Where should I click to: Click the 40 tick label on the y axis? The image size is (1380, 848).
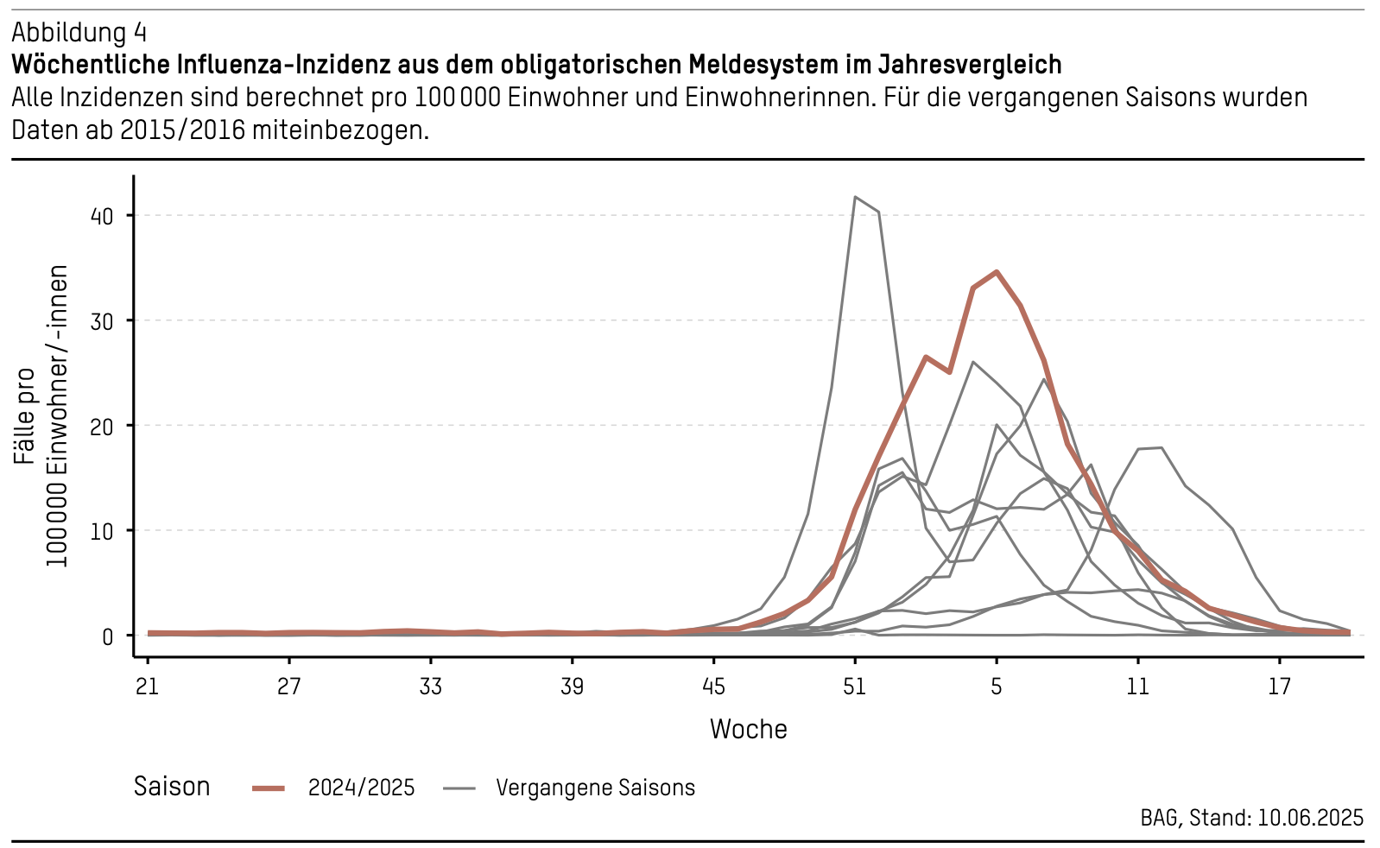[x=101, y=216]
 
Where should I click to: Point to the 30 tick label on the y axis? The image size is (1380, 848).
[x=101, y=321]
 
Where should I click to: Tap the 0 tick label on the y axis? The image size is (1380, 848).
[x=107, y=636]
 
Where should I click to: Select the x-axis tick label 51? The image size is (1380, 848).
[x=854, y=687]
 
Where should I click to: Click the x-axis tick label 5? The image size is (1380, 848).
[x=996, y=687]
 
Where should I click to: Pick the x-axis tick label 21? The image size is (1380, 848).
[x=148, y=687]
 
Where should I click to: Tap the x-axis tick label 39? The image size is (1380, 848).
[x=572, y=687]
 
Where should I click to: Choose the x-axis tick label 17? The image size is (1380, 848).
[x=1279, y=687]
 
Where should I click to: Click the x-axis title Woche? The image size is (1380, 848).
[x=748, y=730]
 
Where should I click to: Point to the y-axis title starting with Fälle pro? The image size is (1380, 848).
[x=41, y=416]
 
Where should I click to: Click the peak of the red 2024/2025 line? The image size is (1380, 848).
[x=997, y=271]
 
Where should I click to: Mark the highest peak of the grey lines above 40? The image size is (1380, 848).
[x=855, y=197]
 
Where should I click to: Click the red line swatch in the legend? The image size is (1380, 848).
[x=269, y=788]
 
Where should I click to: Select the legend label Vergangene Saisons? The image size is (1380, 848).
[x=595, y=788]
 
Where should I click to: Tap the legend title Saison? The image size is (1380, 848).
[x=172, y=787]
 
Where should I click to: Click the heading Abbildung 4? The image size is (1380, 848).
[x=79, y=33]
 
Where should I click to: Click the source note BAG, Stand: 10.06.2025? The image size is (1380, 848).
[x=1251, y=818]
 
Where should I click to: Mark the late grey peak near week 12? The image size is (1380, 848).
[x=1161, y=447]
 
